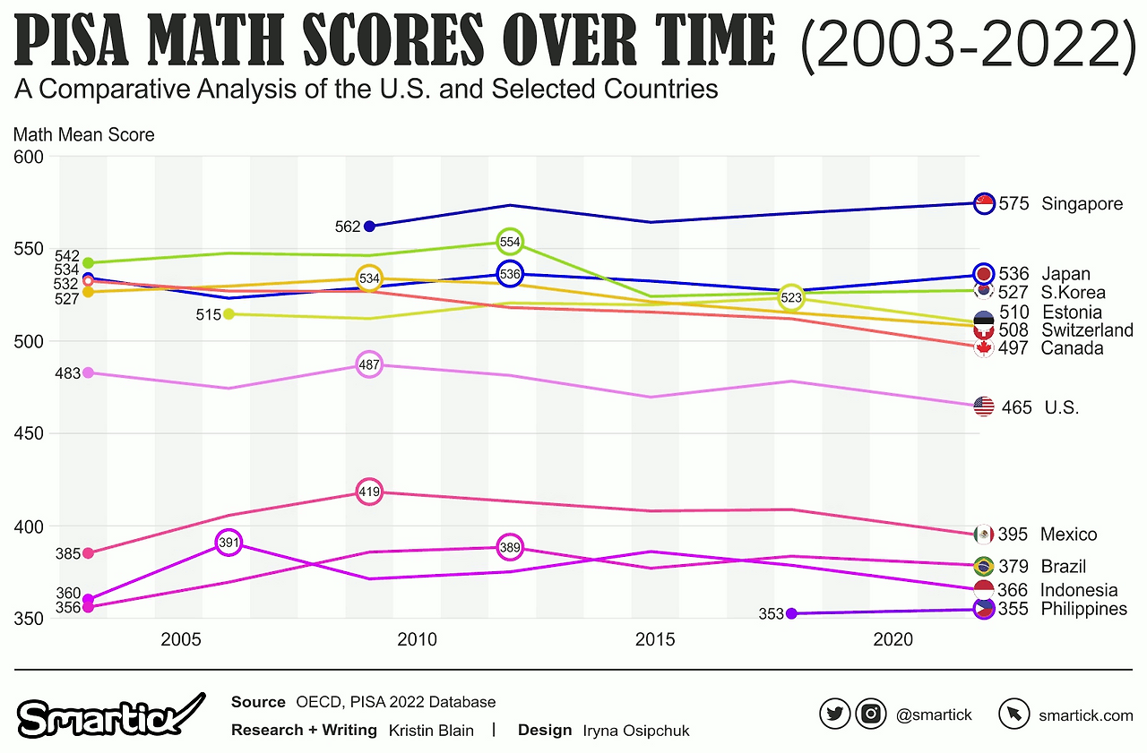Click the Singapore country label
[x=1082, y=204]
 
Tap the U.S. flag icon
[x=983, y=406]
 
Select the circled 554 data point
[x=509, y=242]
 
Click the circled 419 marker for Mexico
[x=369, y=492]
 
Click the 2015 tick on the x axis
[x=654, y=639]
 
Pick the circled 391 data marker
[x=229, y=543]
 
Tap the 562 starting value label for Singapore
[x=347, y=227]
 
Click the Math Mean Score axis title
[x=84, y=135]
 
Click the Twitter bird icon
[x=834, y=714]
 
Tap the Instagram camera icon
[x=870, y=714]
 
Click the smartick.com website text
[x=1085, y=714]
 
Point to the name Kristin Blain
[x=431, y=730]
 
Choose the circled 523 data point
[x=790, y=297]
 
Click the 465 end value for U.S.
[x=1015, y=407]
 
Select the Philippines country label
[x=1083, y=609]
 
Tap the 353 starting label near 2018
[x=771, y=614]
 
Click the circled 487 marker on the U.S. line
[x=369, y=365]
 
